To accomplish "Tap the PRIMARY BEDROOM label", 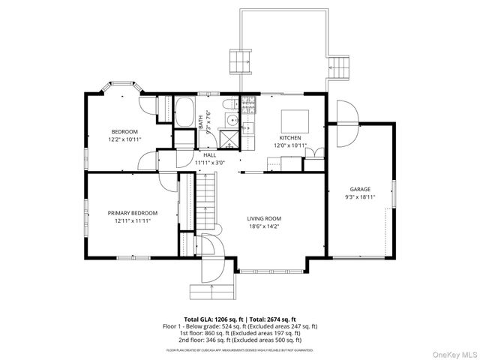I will pyautogui.click(x=133, y=213).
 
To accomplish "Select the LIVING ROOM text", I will pyautogui.click(x=269, y=219).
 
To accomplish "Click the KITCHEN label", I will pyautogui.click(x=290, y=138).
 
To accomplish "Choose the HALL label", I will pyautogui.click(x=209, y=154).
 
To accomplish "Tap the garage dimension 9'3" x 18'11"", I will pyautogui.click(x=360, y=196).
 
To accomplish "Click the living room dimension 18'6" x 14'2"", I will pyautogui.click(x=269, y=226).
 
